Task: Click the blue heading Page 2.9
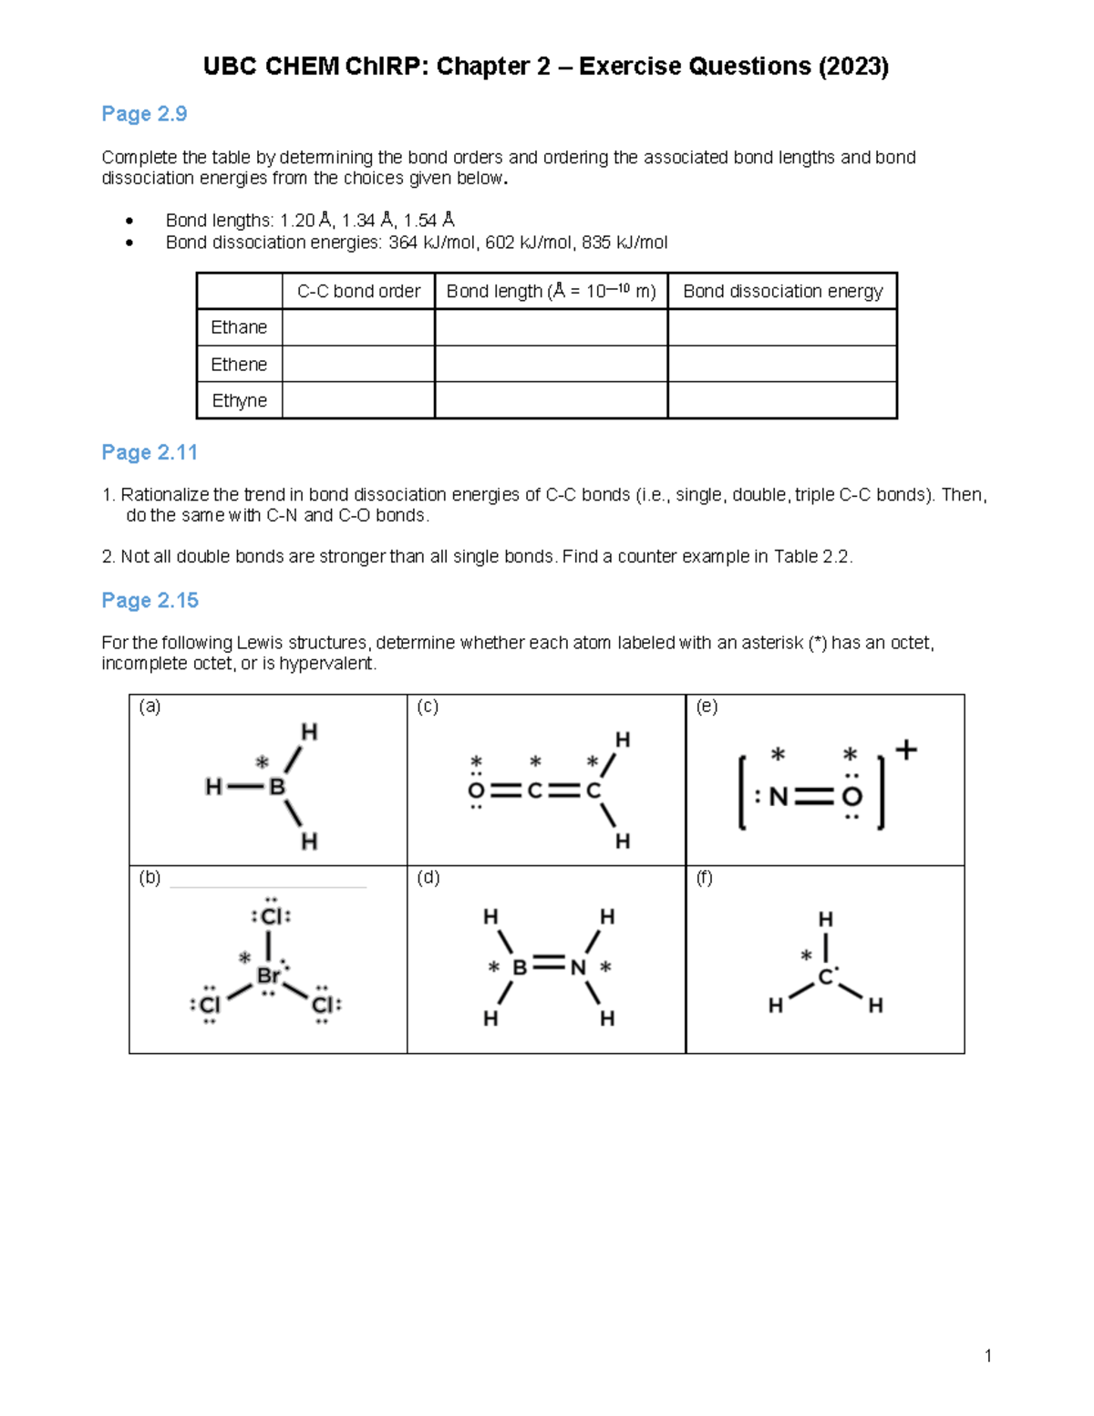(x=144, y=114)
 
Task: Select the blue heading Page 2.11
(x=150, y=452)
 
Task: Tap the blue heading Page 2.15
(x=150, y=600)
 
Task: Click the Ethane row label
(x=239, y=327)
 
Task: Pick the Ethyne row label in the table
(x=239, y=400)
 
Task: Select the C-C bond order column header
(x=358, y=291)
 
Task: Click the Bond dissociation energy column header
(x=782, y=291)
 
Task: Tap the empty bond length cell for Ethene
(x=551, y=364)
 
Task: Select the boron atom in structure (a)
(x=277, y=787)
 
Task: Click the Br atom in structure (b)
(x=268, y=976)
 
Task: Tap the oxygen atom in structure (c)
(x=476, y=791)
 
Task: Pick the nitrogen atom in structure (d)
(x=578, y=966)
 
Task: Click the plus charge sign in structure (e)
(x=905, y=750)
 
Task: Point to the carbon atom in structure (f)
(x=825, y=977)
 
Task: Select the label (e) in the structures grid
(x=706, y=706)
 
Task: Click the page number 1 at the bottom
(x=988, y=1356)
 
